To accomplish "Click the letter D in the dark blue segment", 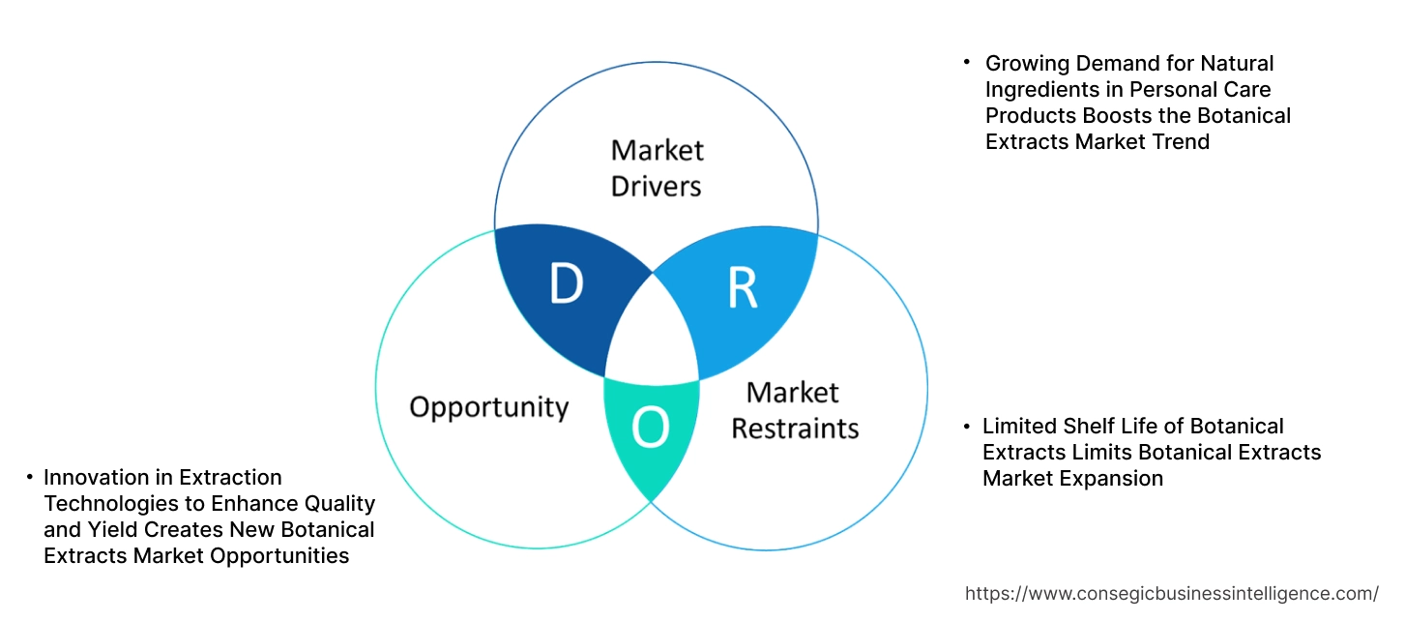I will [x=567, y=283].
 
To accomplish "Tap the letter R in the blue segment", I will [x=742, y=287].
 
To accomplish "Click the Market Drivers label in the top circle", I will [x=657, y=167].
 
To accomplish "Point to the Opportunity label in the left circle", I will [x=488, y=406].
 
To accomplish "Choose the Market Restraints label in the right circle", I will [x=794, y=409].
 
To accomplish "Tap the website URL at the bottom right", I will [x=1172, y=593].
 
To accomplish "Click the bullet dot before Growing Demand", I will [x=966, y=62].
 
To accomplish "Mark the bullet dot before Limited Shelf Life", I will [x=966, y=426].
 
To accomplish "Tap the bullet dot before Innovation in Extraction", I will [x=29, y=477].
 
